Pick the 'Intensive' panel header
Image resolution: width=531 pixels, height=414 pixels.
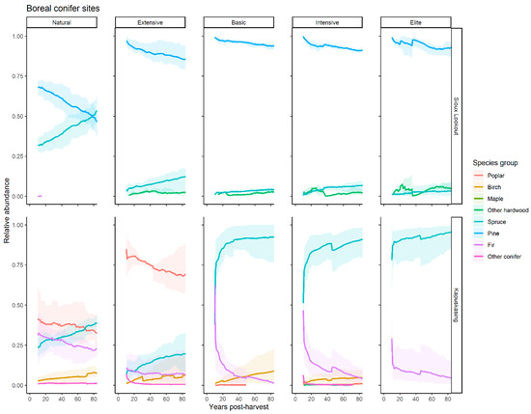[x=329, y=21]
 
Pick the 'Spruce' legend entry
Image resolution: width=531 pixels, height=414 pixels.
[x=500, y=219]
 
